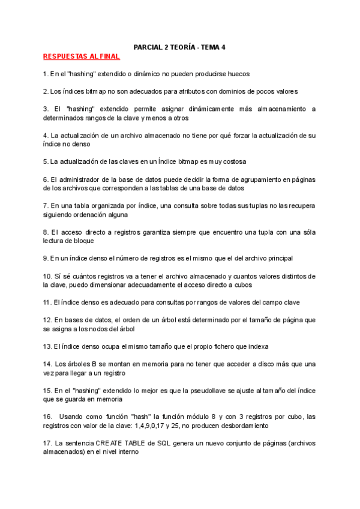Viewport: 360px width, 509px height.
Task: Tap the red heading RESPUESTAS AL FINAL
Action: point(82,56)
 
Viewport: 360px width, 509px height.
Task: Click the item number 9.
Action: point(46,258)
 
